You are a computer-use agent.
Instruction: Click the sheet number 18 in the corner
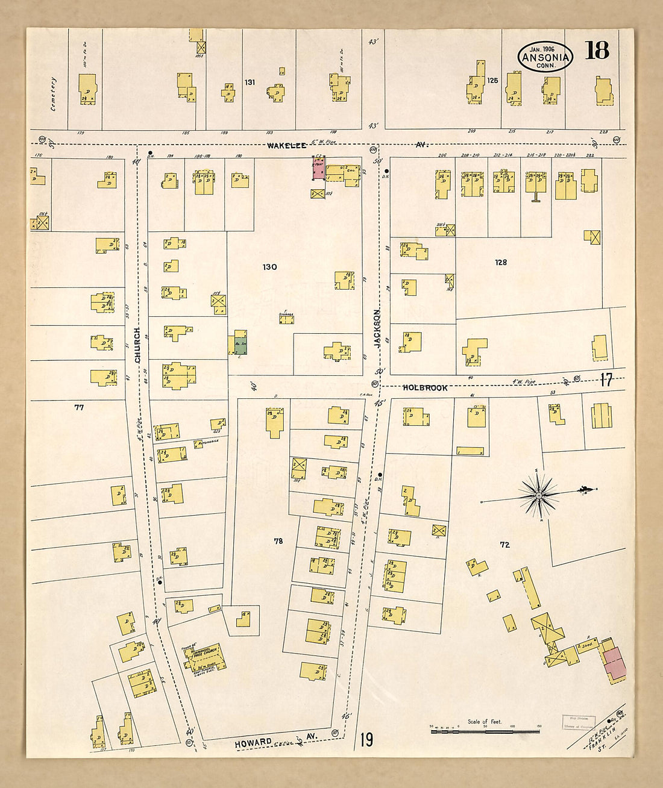click(x=596, y=51)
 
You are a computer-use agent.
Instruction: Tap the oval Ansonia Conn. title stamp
click(x=545, y=57)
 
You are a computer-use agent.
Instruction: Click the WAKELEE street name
click(x=287, y=145)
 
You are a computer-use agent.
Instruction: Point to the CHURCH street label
click(x=137, y=345)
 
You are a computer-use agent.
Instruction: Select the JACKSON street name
click(x=378, y=328)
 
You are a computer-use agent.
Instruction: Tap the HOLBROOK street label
click(x=425, y=388)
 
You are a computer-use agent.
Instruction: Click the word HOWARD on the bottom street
click(x=253, y=743)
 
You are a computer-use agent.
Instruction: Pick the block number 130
click(x=269, y=266)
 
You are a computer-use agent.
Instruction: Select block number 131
click(x=250, y=82)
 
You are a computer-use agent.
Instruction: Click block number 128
click(x=500, y=262)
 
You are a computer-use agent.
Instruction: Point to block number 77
click(x=79, y=407)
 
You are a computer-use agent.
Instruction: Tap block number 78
click(x=278, y=541)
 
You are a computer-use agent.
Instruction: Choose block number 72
click(x=504, y=545)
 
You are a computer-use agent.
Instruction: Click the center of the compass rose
click(x=539, y=495)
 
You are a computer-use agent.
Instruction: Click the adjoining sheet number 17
click(x=606, y=380)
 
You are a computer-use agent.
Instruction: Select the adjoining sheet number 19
click(x=366, y=739)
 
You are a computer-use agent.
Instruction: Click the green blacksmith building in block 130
click(x=240, y=342)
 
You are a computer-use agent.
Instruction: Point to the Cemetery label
click(x=53, y=93)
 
